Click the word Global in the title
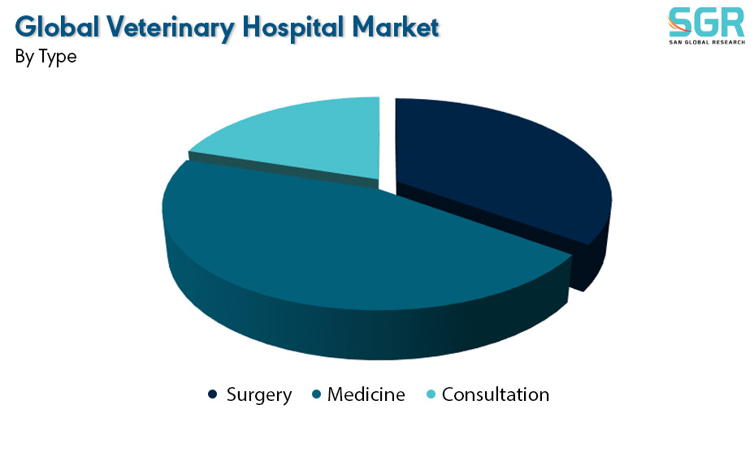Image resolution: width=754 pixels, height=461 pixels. pyautogui.click(x=57, y=27)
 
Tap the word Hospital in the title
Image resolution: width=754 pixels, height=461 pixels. pyautogui.click(x=293, y=28)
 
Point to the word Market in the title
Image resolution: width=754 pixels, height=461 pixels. pyautogui.click(x=395, y=27)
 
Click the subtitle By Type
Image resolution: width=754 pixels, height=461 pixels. pyautogui.click(x=45, y=57)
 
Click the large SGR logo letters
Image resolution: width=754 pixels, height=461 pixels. pyautogui.click(x=706, y=22)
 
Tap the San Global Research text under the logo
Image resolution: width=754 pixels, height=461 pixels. pyautogui.click(x=707, y=42)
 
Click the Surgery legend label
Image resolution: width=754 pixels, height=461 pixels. pyautogui.click(x=258, y=395)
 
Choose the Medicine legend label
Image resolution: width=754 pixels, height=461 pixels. pyautogui.click(x=366, y=394)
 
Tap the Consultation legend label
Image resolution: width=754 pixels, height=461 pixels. pyautogui.click(x=496, y=394)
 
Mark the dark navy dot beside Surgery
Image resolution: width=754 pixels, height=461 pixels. pyautogui.click(x=212, y=394)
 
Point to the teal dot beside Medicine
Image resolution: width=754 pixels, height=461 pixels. pyautogui.click(x=316, y=394)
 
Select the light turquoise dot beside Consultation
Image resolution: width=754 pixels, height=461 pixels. pyautogui.click(x=431, y=394)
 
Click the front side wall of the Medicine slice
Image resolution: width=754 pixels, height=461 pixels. pyautogui.click(x=366, y=331)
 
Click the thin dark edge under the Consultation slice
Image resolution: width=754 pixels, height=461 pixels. pyautogui.click(x=284, y=170)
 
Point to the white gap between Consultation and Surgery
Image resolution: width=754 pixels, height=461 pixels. pyautogui.click(x=387, y=144)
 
